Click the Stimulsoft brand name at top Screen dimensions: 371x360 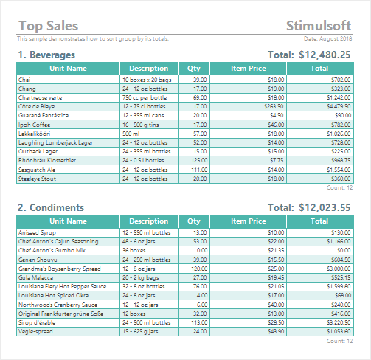319,26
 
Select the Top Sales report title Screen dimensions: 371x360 49,26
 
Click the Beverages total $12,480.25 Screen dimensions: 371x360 325,55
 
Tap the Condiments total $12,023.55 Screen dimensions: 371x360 325,207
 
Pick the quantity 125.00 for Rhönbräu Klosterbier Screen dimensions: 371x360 199,160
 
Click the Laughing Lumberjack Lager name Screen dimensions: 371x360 55,142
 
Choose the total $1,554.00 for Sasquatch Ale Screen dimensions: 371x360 339,170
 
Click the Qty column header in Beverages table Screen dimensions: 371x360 194,69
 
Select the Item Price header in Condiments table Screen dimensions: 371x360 249,221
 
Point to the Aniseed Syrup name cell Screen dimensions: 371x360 37,232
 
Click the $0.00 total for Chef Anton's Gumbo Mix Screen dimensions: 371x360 344,250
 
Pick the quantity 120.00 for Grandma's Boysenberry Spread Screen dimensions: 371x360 199,269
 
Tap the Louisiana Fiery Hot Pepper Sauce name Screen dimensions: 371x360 62,286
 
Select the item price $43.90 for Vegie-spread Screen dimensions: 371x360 276,331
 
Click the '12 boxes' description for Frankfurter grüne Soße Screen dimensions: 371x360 134,314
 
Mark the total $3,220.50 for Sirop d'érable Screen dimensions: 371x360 339,322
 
